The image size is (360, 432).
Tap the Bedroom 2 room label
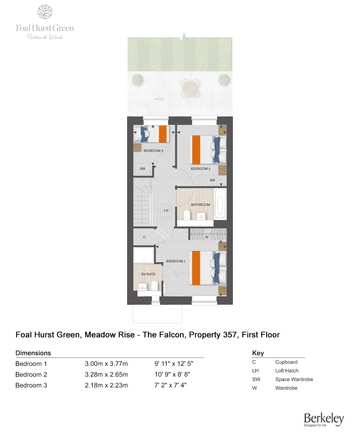[x=201, y=168]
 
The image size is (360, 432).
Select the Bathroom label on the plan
[x=201, y=204]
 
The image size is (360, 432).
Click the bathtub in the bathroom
[x=220, y=204]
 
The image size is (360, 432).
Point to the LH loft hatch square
[x=166, y=210]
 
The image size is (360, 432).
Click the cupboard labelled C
[x=144, y=237]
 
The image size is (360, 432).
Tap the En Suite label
[x=148, y=274]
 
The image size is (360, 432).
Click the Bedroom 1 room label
[x=176, y=261]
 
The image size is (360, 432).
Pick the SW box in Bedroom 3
[x=143, y=168]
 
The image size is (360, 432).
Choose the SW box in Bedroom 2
[x=212, y=180]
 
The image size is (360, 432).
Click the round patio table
[x=190, y=88]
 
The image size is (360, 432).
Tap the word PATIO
[x=159, y=99]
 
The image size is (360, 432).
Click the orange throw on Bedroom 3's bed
[x=163, y=134]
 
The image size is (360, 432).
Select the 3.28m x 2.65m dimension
[x=106, y=374]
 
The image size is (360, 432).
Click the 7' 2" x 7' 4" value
[x=170, y=385]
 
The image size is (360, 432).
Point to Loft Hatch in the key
[x=287, y=370]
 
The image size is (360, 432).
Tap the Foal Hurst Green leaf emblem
[x=45, y=12]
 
